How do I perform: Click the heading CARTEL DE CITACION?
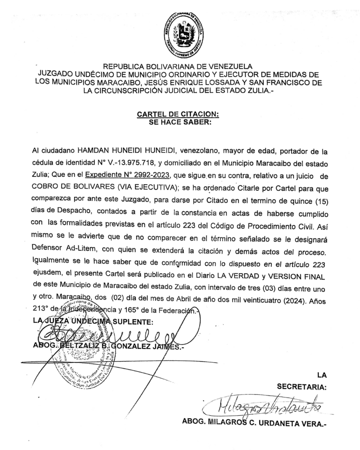[x=178, y=114]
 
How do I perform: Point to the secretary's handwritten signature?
[x=263, y=404]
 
